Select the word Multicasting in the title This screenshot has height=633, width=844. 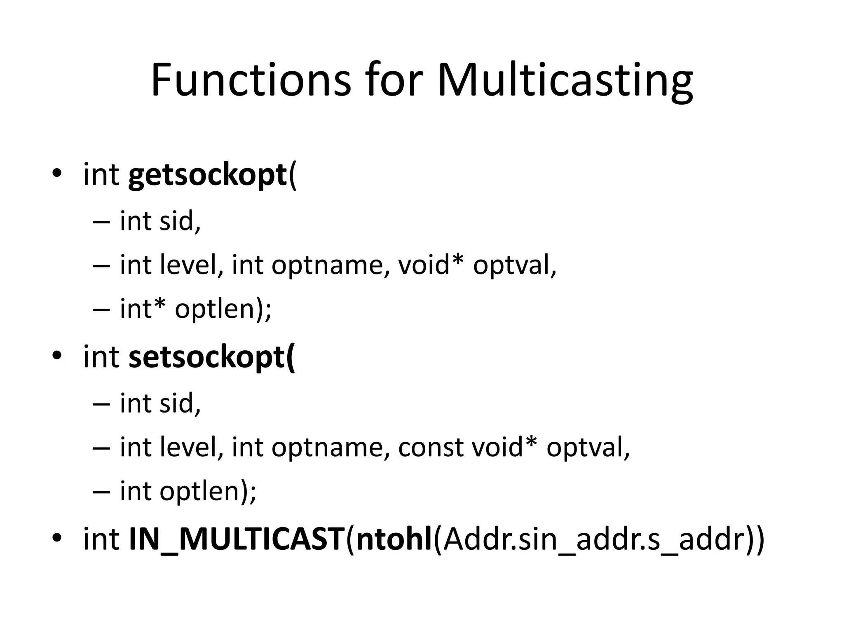(565, 80)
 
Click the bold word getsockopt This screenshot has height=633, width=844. (207, 176)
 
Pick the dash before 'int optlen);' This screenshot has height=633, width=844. (101, 492)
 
